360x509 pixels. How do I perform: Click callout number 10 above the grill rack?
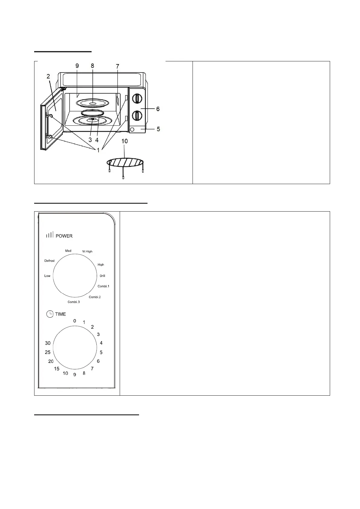(x=124, y=141)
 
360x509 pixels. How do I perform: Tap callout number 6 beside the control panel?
(x=158, y=109)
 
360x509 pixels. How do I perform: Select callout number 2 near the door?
(x=48, y=76)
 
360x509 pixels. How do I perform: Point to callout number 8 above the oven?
(x=92, y=66)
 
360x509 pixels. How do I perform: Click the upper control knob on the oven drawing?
(x=138, y=98)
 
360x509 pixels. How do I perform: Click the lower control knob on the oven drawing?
(x=138, y=115)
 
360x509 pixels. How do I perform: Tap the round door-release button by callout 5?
(x=132, y=130)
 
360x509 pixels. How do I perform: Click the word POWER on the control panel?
(x=64, y=236)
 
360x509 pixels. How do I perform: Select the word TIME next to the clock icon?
(x=60, y=314)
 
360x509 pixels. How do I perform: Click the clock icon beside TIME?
(x=50, y=314)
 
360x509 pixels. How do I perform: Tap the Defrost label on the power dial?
(x=50, y=261)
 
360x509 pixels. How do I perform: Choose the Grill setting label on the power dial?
(x=102, y=276)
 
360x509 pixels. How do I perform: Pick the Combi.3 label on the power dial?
(x=74, y=302)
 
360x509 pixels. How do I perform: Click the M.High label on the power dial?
(x=87, y=251)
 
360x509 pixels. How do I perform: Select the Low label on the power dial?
(x=47, y=276)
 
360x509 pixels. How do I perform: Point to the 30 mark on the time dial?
(x=48, y=343)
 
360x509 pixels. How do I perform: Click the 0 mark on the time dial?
(x=75, y=321)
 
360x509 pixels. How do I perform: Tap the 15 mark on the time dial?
(x=57, y=368)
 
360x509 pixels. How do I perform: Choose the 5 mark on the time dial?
(x=101, y=352)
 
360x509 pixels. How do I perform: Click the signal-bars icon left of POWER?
(x=50, y=235)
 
